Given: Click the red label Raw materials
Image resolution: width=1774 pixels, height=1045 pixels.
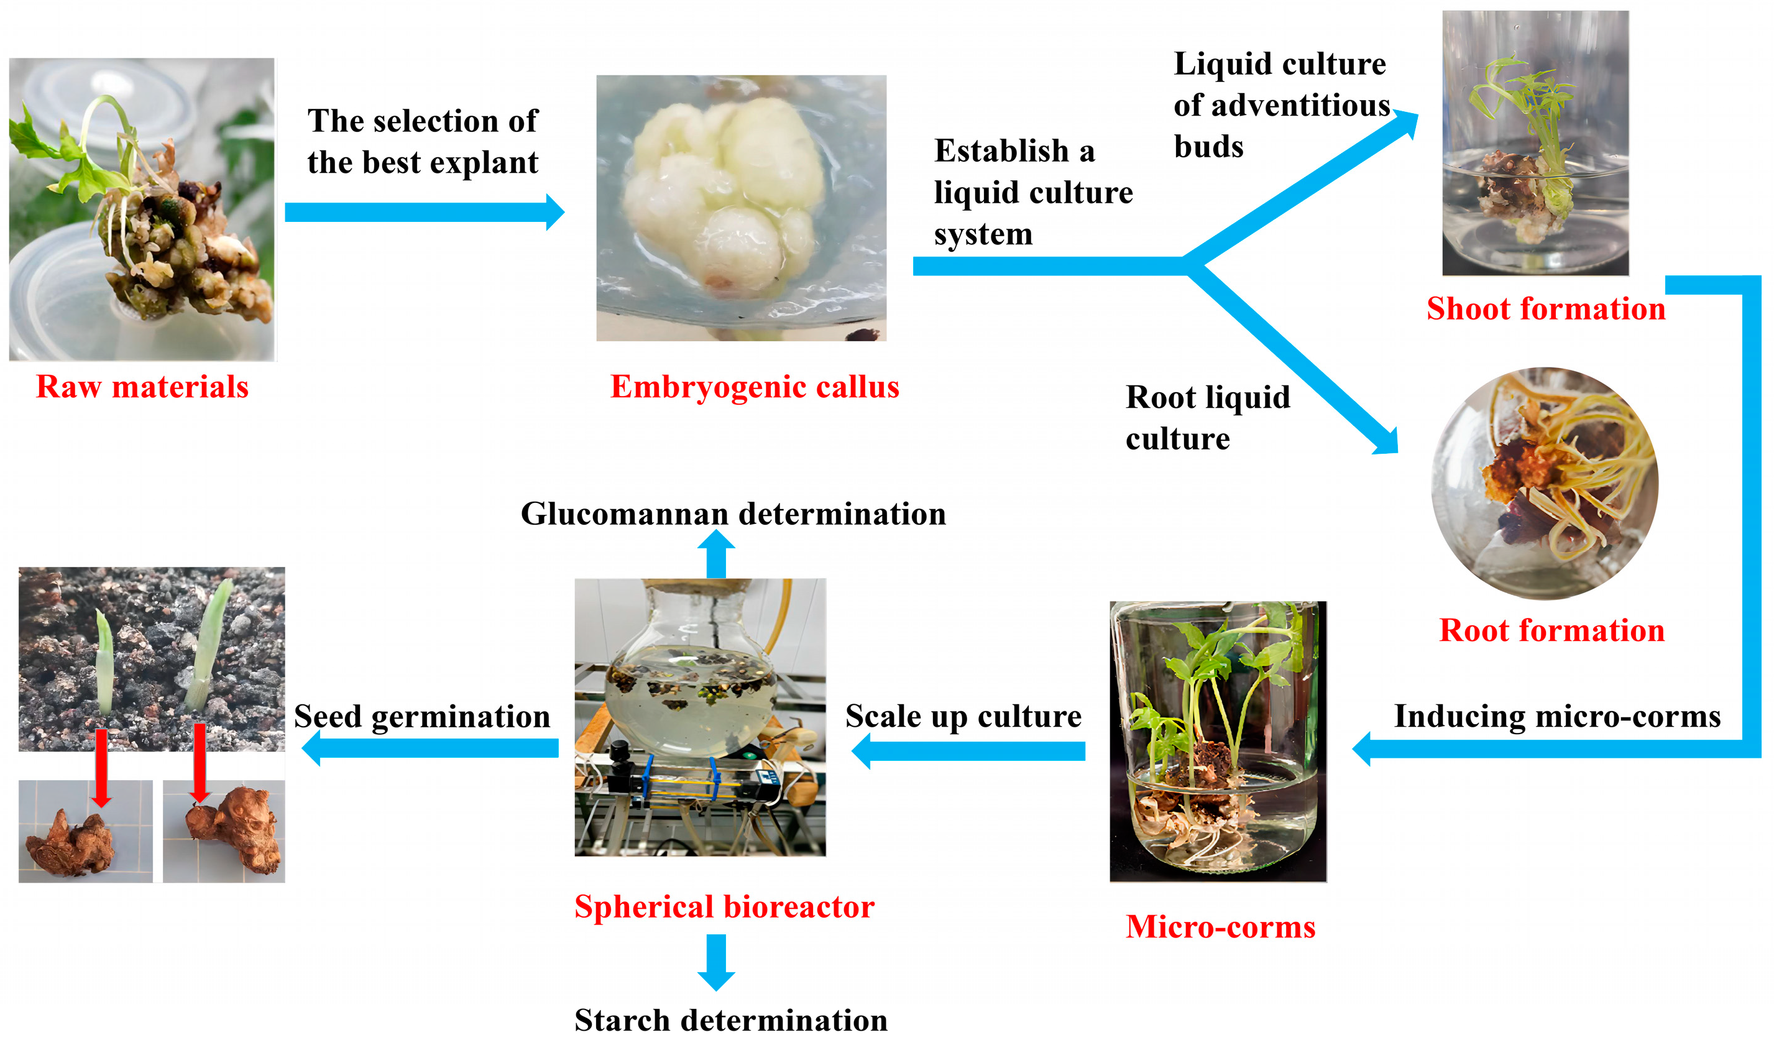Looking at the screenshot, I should pos(142,387).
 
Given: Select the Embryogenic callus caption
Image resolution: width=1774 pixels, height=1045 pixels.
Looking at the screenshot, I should pos(755,387).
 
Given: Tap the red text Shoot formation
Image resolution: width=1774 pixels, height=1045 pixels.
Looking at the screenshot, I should pos(1546,308).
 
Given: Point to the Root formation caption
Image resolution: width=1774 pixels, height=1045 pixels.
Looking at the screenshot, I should pos(1551,630).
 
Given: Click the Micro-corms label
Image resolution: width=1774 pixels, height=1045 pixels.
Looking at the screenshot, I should pos(1221,926).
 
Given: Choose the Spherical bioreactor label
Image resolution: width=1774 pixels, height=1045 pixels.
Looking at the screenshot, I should pos(724,906).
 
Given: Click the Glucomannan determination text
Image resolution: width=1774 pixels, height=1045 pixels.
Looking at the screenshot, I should pos(733,513).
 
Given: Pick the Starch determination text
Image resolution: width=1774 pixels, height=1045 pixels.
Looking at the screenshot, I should pos(731,1020).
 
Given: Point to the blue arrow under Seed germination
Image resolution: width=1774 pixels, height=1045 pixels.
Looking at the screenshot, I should pos(430,748).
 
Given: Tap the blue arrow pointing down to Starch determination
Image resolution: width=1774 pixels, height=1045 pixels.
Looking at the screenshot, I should pos(716,961).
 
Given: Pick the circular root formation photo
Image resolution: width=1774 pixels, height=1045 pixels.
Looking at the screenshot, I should pos(1545,484).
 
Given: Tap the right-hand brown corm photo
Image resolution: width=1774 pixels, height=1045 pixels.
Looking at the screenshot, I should pos(224,831).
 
